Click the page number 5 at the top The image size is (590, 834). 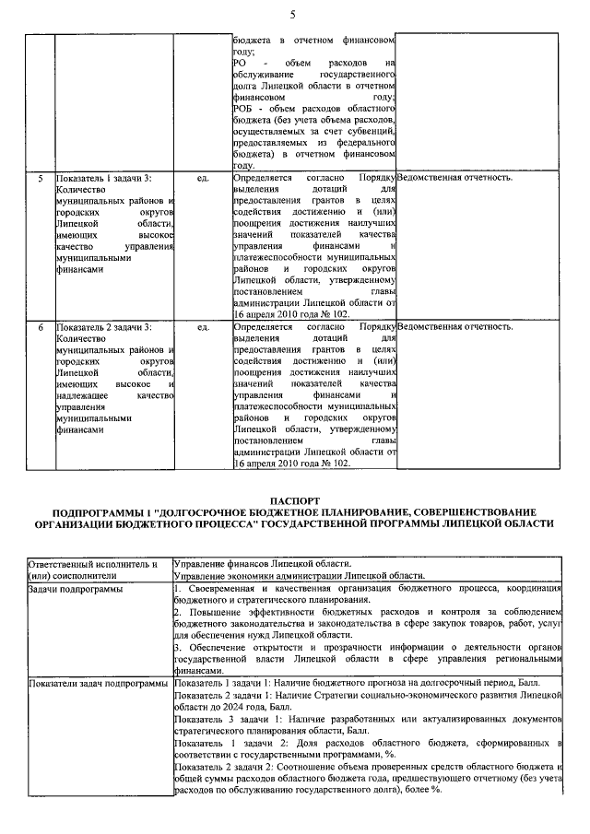point(292,13)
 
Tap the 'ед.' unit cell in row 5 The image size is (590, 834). point(203,176)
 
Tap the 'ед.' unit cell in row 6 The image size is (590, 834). point(203,326)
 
